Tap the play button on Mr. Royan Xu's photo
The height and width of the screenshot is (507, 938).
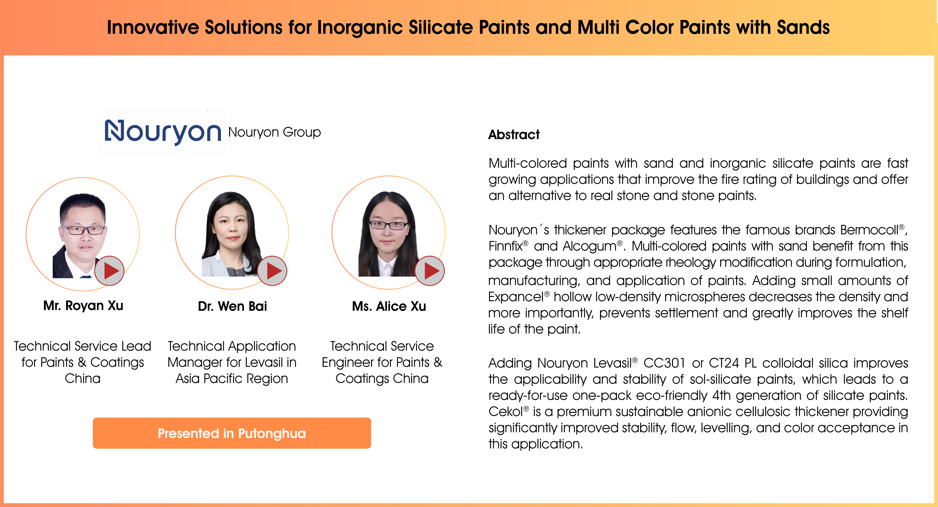109,271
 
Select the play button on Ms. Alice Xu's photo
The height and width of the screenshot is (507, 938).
430,271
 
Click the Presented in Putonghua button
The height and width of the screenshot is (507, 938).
232,433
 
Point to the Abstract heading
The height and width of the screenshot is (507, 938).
514,135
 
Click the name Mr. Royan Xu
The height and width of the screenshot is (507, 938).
83,306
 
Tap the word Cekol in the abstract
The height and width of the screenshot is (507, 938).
506,412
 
